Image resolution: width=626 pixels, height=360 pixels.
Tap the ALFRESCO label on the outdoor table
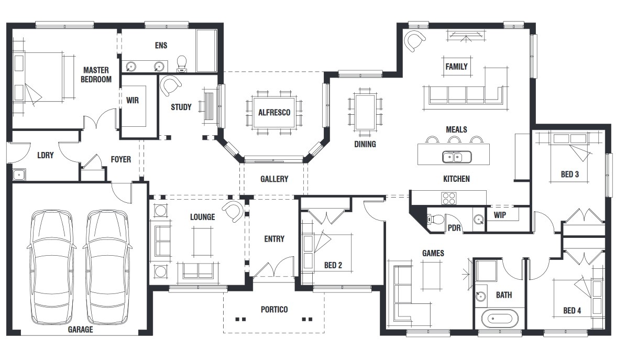(274, 112)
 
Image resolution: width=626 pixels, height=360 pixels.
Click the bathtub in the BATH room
(499, 318)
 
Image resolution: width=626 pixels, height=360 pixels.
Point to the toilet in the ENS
(182, 63)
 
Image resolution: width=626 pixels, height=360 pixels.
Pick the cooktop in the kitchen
(449, 198)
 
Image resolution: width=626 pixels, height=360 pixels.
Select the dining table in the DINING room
(365, 114)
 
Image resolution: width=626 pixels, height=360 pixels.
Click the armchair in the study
(170, 85)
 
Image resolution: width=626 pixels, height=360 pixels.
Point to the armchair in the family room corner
(415, 41)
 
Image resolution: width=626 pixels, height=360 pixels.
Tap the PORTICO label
(274, 310)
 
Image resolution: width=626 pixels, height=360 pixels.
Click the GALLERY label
(274, 179)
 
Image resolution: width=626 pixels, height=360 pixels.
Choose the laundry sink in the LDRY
(20, 174)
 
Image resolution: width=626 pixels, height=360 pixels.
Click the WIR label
(133, 100)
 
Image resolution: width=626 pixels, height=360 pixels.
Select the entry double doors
(273, 268)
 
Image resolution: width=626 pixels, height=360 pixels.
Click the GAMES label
(433, 253)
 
